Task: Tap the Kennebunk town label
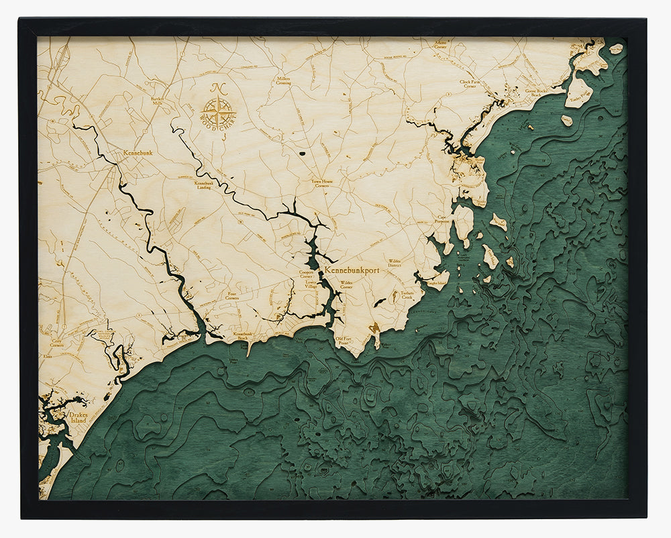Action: [x=138, y=153]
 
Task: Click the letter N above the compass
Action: [x=217, y=88]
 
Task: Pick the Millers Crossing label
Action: [x=284, y=80]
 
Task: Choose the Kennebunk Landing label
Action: [x=204, y=186]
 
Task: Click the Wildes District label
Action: [x=395, y=263]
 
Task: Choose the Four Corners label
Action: [x=232, y=295]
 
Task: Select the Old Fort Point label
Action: [x=344, y=341]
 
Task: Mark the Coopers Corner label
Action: [x=306, y=274]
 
